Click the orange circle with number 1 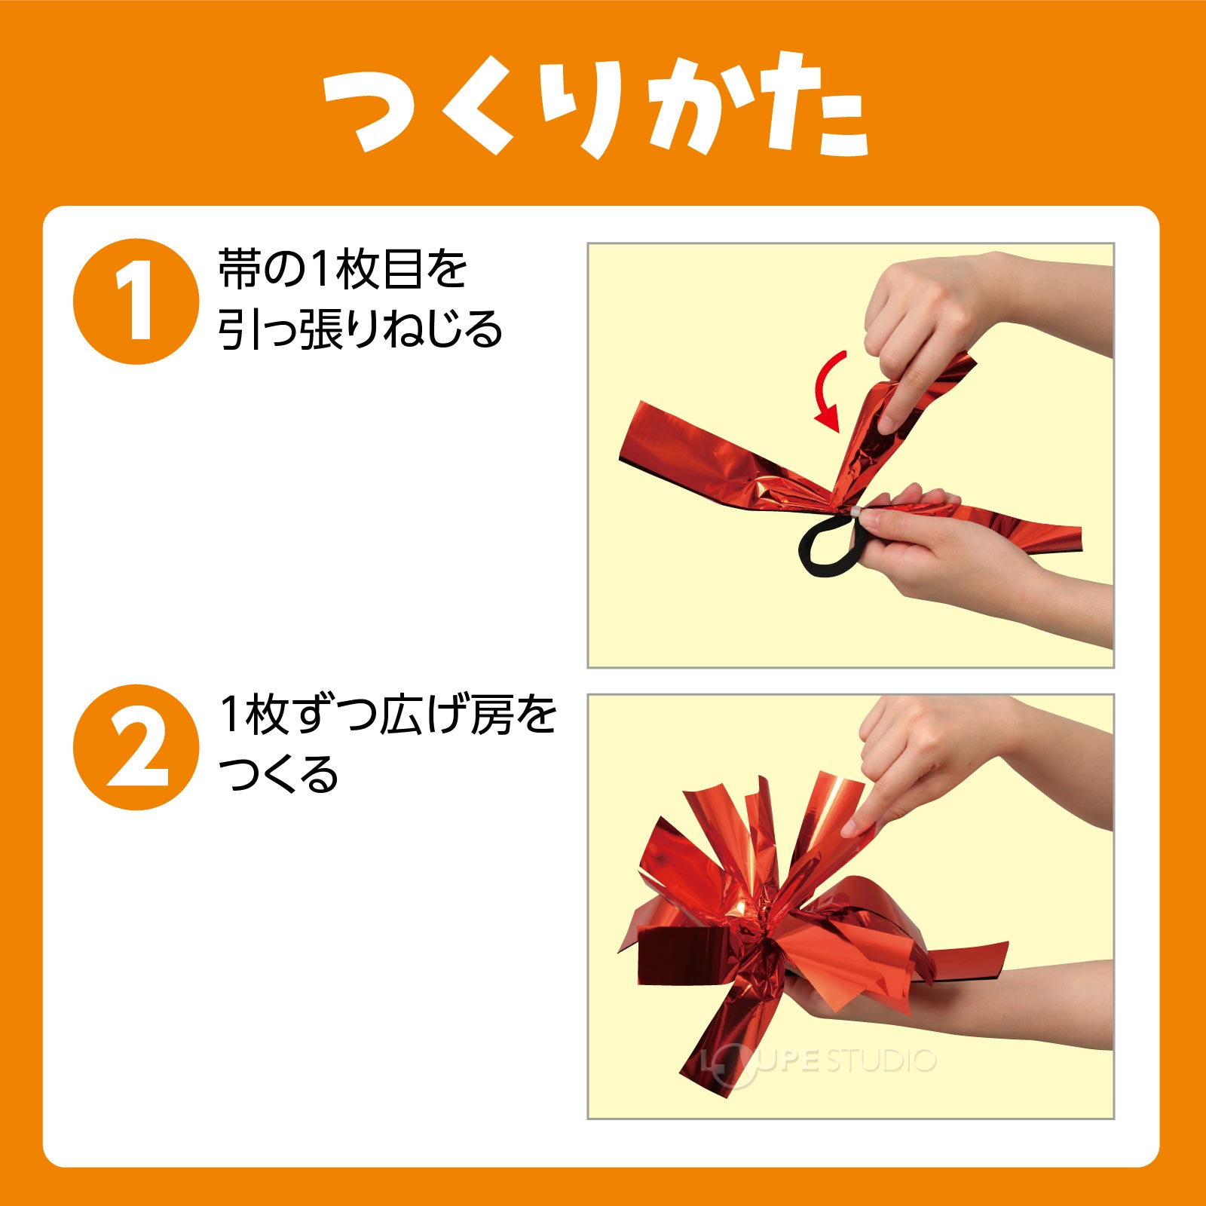(x=136, y=301)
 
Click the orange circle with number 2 (x=136, y=747)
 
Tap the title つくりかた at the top (x=595, y=105)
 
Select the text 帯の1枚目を (x=343, y=269)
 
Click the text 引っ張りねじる (x=360, y=329)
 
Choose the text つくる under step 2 (x=278, y=774)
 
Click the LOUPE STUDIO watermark (x=818, y=1062)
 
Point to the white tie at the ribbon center (x=856, y=513)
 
